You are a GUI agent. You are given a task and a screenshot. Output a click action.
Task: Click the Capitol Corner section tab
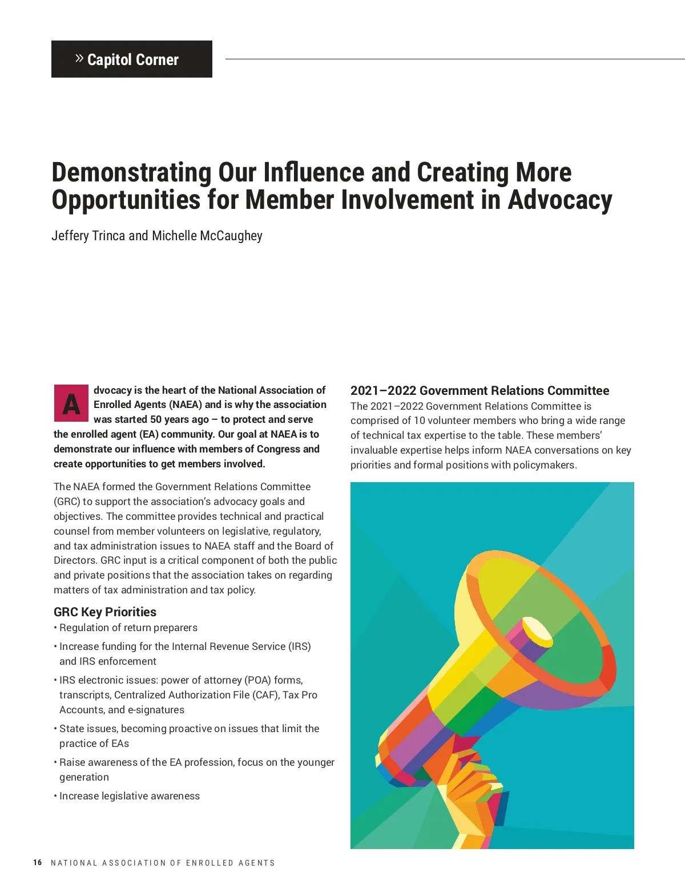click(x=132, y=59)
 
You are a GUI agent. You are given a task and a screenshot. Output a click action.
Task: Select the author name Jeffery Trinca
click(x=88, y=236)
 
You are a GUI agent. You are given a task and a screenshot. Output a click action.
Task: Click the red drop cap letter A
click(x=71, y=404)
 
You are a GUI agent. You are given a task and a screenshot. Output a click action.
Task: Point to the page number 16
click(x=38, y=862)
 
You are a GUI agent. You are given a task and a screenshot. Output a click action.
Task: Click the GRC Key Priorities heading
click(x=105, y=612)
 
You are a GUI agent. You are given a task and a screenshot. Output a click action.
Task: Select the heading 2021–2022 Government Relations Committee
click(x=479, y=390)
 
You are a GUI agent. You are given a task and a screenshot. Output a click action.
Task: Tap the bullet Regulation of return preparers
click(x=128, y=628)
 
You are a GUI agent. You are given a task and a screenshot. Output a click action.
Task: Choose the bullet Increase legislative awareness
click(x=129, y=796)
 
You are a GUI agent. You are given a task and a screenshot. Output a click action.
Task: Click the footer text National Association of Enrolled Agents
click(x=163, y=863)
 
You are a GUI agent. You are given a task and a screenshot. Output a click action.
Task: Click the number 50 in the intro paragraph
click(x=156, y=419)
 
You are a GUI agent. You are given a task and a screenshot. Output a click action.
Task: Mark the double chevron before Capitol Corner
click(x=79, y=58)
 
